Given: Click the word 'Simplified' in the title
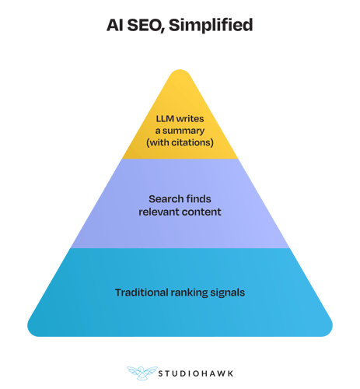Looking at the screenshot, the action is pyautogui.click(x=211, y=25).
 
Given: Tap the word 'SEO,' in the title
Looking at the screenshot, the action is pyautogui.click(x=146, y=26).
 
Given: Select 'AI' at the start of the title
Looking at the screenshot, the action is pyautogui.click(x=115, y=25).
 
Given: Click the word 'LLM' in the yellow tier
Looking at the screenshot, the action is pyautogui.click(x=165, y=119).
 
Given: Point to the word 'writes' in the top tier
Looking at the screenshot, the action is pyautogui.click(x=190, y=119).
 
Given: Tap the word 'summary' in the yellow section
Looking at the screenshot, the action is pyautogui.click(x=183, y=131).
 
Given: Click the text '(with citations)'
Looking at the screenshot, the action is pyautogui.click(x=180, y=142).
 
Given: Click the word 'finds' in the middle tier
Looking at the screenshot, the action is pyautogui.click(x=197, y=199).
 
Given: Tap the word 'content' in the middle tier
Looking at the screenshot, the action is pyautogui.click(x=200, y=212).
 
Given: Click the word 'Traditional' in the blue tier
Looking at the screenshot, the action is pyautogui.click(x=142, y=293).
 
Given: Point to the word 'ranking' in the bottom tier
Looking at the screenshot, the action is pyautogui.click(x=189, y=293).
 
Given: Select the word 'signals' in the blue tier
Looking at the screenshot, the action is pyautogui.click(x=228, y=293).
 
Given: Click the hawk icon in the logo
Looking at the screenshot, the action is pyautogui.click(x=142, y=373).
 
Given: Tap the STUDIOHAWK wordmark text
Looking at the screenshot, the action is pyautogui.click(x=196, y=373).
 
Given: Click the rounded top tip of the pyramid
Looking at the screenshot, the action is pyautogui.click(x=180, y=70).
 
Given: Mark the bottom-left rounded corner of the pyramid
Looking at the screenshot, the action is pyautogui.click(x=33, y=331).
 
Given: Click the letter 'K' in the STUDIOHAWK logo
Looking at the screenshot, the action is pyautogui.click(x=230, y=373).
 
